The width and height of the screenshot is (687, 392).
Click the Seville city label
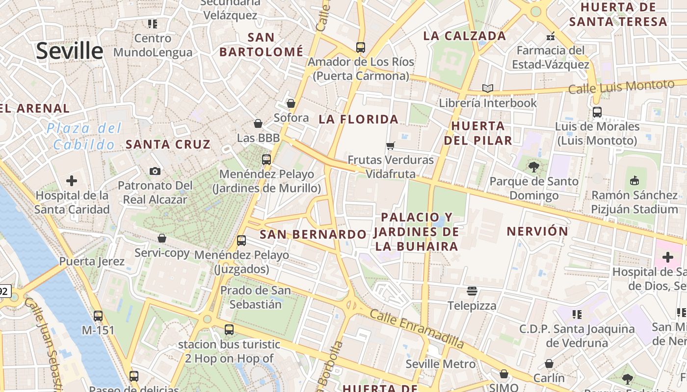[70, 50]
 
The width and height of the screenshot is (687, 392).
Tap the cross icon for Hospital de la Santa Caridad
[72, 181]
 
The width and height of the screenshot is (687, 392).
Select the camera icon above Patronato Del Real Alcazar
[155, 171]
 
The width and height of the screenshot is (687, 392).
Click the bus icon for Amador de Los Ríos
[361, 48]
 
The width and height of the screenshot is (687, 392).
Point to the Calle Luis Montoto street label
[621, 87]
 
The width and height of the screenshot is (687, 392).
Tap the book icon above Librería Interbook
[487, 89]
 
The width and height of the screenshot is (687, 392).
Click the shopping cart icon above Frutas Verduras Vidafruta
[391, 146]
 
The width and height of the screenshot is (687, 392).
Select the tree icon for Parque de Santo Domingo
[534, 167]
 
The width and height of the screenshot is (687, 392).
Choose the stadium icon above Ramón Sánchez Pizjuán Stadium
[634, 180]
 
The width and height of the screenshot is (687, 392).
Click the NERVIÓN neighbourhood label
[537, 231]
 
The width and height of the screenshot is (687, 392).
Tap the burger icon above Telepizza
[472, 292]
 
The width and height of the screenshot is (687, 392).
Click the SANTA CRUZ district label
[168, 144]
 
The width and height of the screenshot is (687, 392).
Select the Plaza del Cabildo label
[84, 137]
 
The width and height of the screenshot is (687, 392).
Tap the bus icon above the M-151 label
[98, 316]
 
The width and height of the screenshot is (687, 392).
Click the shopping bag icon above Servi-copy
[162, 239]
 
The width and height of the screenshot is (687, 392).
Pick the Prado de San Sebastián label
[255, 297]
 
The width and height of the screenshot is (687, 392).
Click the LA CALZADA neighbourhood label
[464, 36]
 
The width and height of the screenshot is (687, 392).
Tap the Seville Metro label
[440, 364]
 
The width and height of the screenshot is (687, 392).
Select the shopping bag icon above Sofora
[291, 103]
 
